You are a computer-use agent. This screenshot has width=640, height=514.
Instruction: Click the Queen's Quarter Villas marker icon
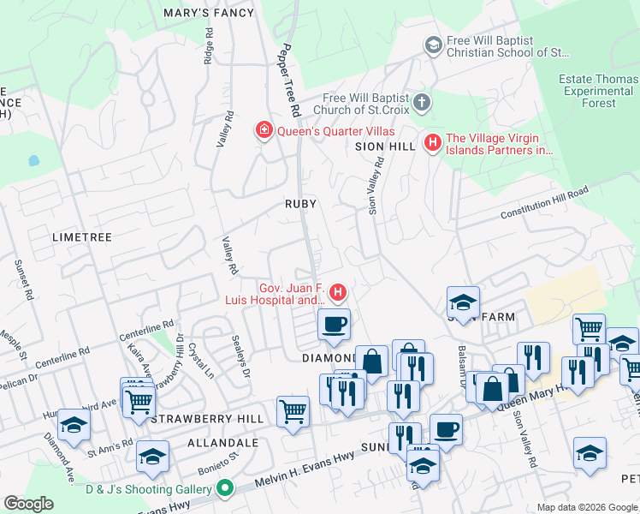pos(264,131)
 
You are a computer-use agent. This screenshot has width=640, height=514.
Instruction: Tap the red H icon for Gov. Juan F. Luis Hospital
pos(339,293)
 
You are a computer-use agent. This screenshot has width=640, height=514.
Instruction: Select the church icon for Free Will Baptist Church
pos(421,104)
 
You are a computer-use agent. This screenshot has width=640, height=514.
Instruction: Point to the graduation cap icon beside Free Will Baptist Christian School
pos(433,43)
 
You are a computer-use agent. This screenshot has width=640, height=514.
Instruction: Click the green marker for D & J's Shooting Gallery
pos(225,489)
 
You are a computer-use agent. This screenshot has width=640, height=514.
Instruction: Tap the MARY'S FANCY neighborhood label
pos(210,13)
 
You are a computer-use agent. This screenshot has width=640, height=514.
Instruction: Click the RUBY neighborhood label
pos(301,204)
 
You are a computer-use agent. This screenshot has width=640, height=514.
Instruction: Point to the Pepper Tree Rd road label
pos(288,81)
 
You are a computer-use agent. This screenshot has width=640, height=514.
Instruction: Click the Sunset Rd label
pos(23,280)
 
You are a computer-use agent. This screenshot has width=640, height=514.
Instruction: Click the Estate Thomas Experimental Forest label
pos(599,91)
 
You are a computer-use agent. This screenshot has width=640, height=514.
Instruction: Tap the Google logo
pos(29,504)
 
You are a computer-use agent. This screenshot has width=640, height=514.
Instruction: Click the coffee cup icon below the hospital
pos(334,325)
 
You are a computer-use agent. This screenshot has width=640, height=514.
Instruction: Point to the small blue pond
pos(33,160)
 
